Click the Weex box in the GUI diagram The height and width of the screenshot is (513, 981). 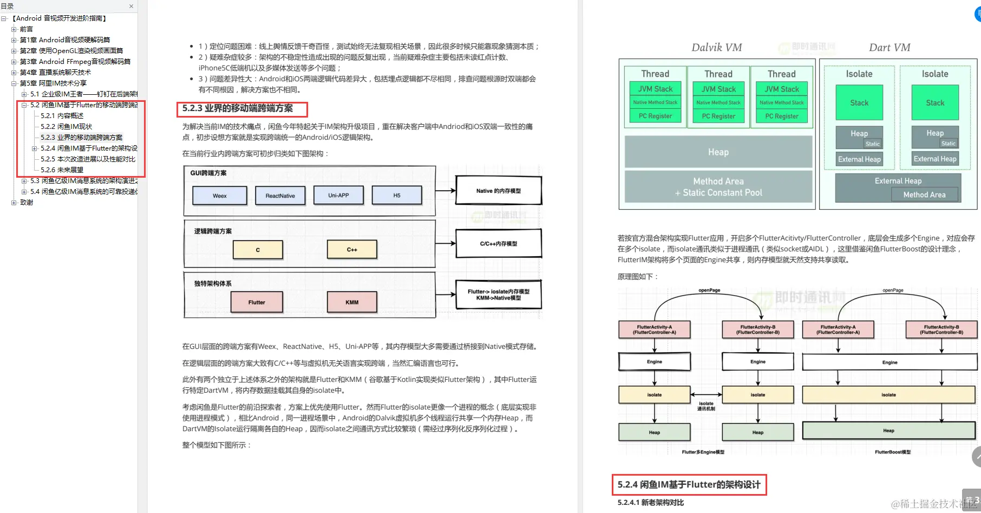pyautogui.click(x=220, y=196)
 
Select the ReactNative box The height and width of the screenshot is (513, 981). pyautogui.click(x=280, y=196)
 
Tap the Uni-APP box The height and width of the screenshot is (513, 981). pyautogui.click(x=338, y=195)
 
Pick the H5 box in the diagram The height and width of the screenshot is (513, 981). pyautogui.click(x=397, y=195)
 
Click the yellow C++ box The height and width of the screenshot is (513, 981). pyautogui.click(x=352, y=250)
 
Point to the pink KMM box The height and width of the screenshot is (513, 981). pyautogui.click(x=352, y=302)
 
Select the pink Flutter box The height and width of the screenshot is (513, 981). pyautogui.click(x=257, y=302)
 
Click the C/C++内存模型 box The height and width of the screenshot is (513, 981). pyautogui.click(x=498, y=244)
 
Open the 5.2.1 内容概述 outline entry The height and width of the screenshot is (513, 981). pyautogui.click(x=62, y=115)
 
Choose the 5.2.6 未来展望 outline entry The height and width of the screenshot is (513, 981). pyautogui.click(x=62, y=170)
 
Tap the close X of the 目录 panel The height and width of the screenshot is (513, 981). pyautogui.click(x=131, y=6)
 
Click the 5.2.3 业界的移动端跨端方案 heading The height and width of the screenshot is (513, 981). pyautogui.click(x=238, y=108)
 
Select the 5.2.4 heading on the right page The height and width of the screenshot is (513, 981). pyautogui.click(x=689, y=484)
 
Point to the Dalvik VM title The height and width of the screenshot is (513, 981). pyautogui.click(x=716, y=48)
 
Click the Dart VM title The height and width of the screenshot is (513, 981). pyautogui.click(x=890, y=48)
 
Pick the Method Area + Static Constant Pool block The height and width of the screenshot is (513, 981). pyautogui.click(x=718, y=187)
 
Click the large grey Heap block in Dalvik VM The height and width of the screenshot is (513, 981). pyautogui.click(x=718, y=152)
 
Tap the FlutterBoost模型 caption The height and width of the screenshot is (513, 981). pyautogui.click(x=893, y=452)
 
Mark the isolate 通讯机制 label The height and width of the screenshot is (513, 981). pyautogui.click(x=706, y=406)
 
